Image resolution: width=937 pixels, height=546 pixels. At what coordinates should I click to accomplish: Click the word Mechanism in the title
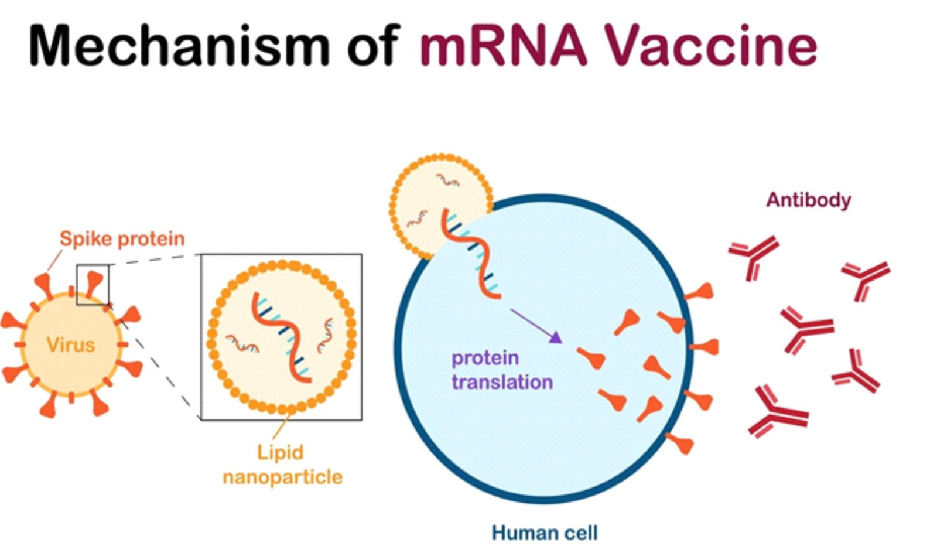coord(179,45)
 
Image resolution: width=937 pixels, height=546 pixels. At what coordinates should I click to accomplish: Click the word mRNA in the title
coord(504,45)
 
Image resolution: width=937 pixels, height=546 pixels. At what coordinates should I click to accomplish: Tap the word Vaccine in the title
coord(711,45)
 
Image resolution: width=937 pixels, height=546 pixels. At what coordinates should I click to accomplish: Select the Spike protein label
coord(122,239)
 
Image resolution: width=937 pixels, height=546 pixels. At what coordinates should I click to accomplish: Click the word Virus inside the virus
coord(71,344)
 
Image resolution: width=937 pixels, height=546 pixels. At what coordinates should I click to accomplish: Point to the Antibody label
coord(809,200)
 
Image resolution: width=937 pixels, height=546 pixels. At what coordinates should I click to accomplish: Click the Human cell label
coord(545,533)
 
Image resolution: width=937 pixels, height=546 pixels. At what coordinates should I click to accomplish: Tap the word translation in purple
coord(502,382)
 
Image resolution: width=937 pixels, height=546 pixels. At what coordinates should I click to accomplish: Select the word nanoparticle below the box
coord(282,477)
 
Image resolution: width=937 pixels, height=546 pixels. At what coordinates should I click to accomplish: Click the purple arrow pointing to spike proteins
coord(536,326)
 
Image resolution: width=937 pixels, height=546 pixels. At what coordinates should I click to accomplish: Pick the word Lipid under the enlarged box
coord(280,453)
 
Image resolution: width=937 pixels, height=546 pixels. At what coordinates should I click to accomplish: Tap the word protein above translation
coord(485,358)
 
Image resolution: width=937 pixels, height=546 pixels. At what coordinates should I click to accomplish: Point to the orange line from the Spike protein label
coord(55,260)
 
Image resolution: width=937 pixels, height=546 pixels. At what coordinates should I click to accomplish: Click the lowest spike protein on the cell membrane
coord(680,443)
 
